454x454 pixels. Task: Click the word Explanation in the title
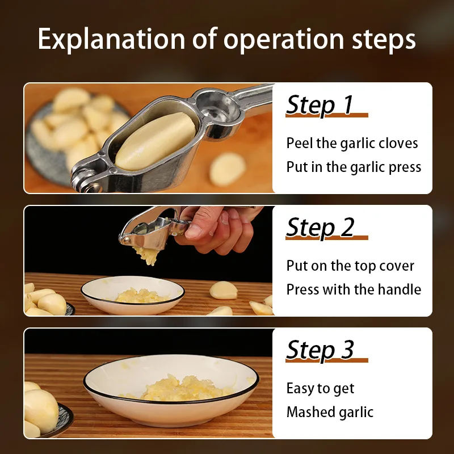111,39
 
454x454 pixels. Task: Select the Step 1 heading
320,105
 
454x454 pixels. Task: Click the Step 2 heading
320,228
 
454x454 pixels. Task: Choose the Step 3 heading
320,350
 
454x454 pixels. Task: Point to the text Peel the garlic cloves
352,144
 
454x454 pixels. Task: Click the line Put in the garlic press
354,167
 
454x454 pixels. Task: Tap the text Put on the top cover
350,266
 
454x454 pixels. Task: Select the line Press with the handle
354,289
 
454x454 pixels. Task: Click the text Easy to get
320,389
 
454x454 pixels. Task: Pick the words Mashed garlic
330,412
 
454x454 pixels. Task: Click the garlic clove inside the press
155,141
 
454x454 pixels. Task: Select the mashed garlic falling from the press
147,254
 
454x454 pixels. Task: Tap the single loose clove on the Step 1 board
228,169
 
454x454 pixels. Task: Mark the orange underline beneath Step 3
327,360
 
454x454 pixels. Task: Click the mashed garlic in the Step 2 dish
140,296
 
